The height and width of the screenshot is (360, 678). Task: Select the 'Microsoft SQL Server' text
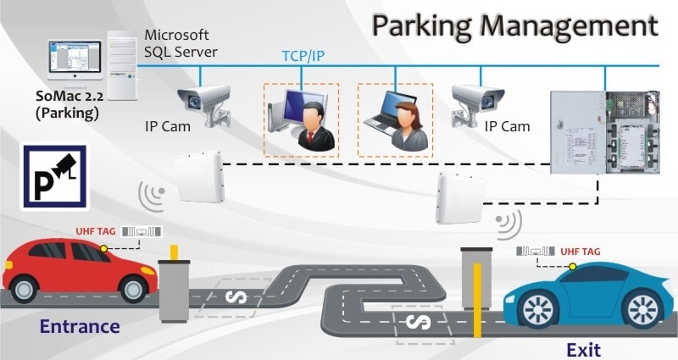(181, 43)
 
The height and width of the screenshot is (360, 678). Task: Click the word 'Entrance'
(80, 326)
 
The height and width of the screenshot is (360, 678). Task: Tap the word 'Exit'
(584, 347)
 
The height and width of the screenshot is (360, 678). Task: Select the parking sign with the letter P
(53, 176)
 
